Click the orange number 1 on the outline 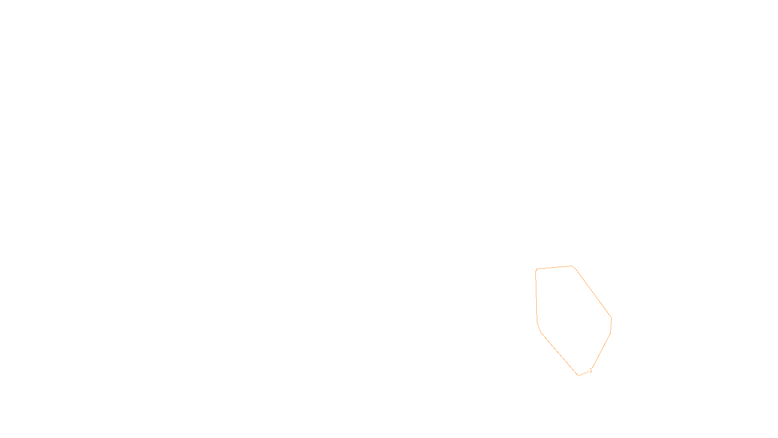click(x=591, y=370)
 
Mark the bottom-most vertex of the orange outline click(x=578, y=376)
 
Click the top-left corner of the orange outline click(x=536, y=269)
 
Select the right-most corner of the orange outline click(x=611, y=319)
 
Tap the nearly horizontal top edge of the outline click(x=554, y=267)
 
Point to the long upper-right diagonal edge click(x=592, y=292)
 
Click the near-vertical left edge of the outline click(x=536, y=297)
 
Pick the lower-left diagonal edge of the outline click(x=559, y=354)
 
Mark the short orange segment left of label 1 click(x=583, y=373)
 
